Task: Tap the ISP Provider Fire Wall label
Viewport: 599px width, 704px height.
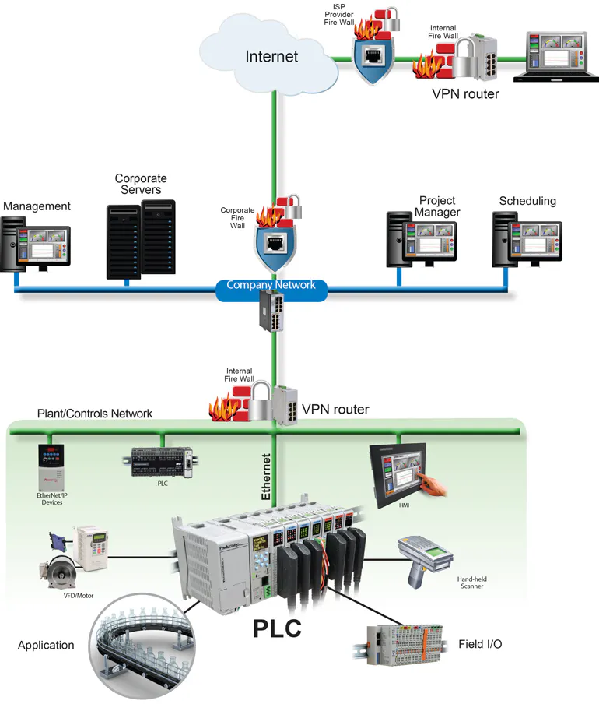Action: tap(338, 15)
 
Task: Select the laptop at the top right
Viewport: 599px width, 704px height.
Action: tap(554, 59)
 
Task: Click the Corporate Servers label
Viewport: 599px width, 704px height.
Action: tap(141, 185)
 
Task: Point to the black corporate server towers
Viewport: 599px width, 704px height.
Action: tap(141, 239)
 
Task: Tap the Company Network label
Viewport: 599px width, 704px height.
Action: tap(271, 285)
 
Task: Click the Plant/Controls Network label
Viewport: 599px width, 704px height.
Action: tap(95, 413)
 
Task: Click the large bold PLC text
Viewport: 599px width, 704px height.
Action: tap(277, 627)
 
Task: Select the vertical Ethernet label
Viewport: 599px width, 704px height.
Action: tap(266, 477)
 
